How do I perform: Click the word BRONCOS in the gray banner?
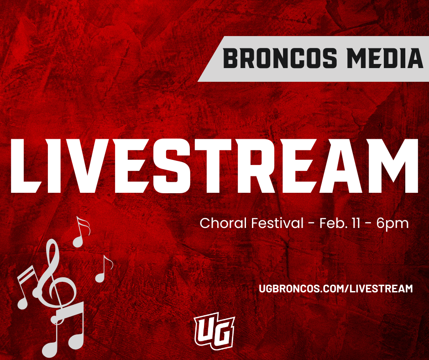[280, 58]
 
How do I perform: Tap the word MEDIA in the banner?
[385, 58]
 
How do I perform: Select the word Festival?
[277, 223]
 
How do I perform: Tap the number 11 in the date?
[356, 223]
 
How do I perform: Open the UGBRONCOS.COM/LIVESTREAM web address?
[336, 288]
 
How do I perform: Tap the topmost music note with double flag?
[81, 232]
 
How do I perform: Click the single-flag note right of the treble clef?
[104, 269]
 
